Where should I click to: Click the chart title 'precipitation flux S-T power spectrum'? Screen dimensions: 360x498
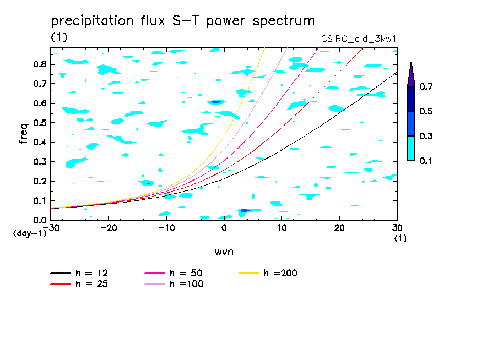(x=183, y=21)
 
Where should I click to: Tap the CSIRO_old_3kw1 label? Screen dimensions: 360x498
(x=359, y=39)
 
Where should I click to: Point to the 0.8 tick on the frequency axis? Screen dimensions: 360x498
(x=39, y=64)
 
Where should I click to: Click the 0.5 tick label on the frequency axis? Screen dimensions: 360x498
(x=39, y=123)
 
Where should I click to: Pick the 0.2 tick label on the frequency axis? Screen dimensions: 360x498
(x=39, y=182)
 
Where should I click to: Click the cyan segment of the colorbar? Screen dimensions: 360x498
(x=411, y=148)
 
